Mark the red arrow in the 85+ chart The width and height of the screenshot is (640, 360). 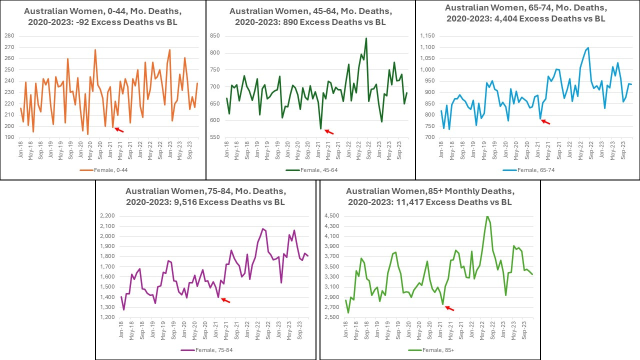449,308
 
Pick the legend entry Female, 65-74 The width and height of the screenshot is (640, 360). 522,170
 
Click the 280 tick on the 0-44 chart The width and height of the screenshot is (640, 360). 9,35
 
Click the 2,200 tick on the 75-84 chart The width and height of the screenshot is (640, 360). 106,216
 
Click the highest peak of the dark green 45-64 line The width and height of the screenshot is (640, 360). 366,38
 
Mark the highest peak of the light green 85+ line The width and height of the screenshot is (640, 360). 487,216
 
